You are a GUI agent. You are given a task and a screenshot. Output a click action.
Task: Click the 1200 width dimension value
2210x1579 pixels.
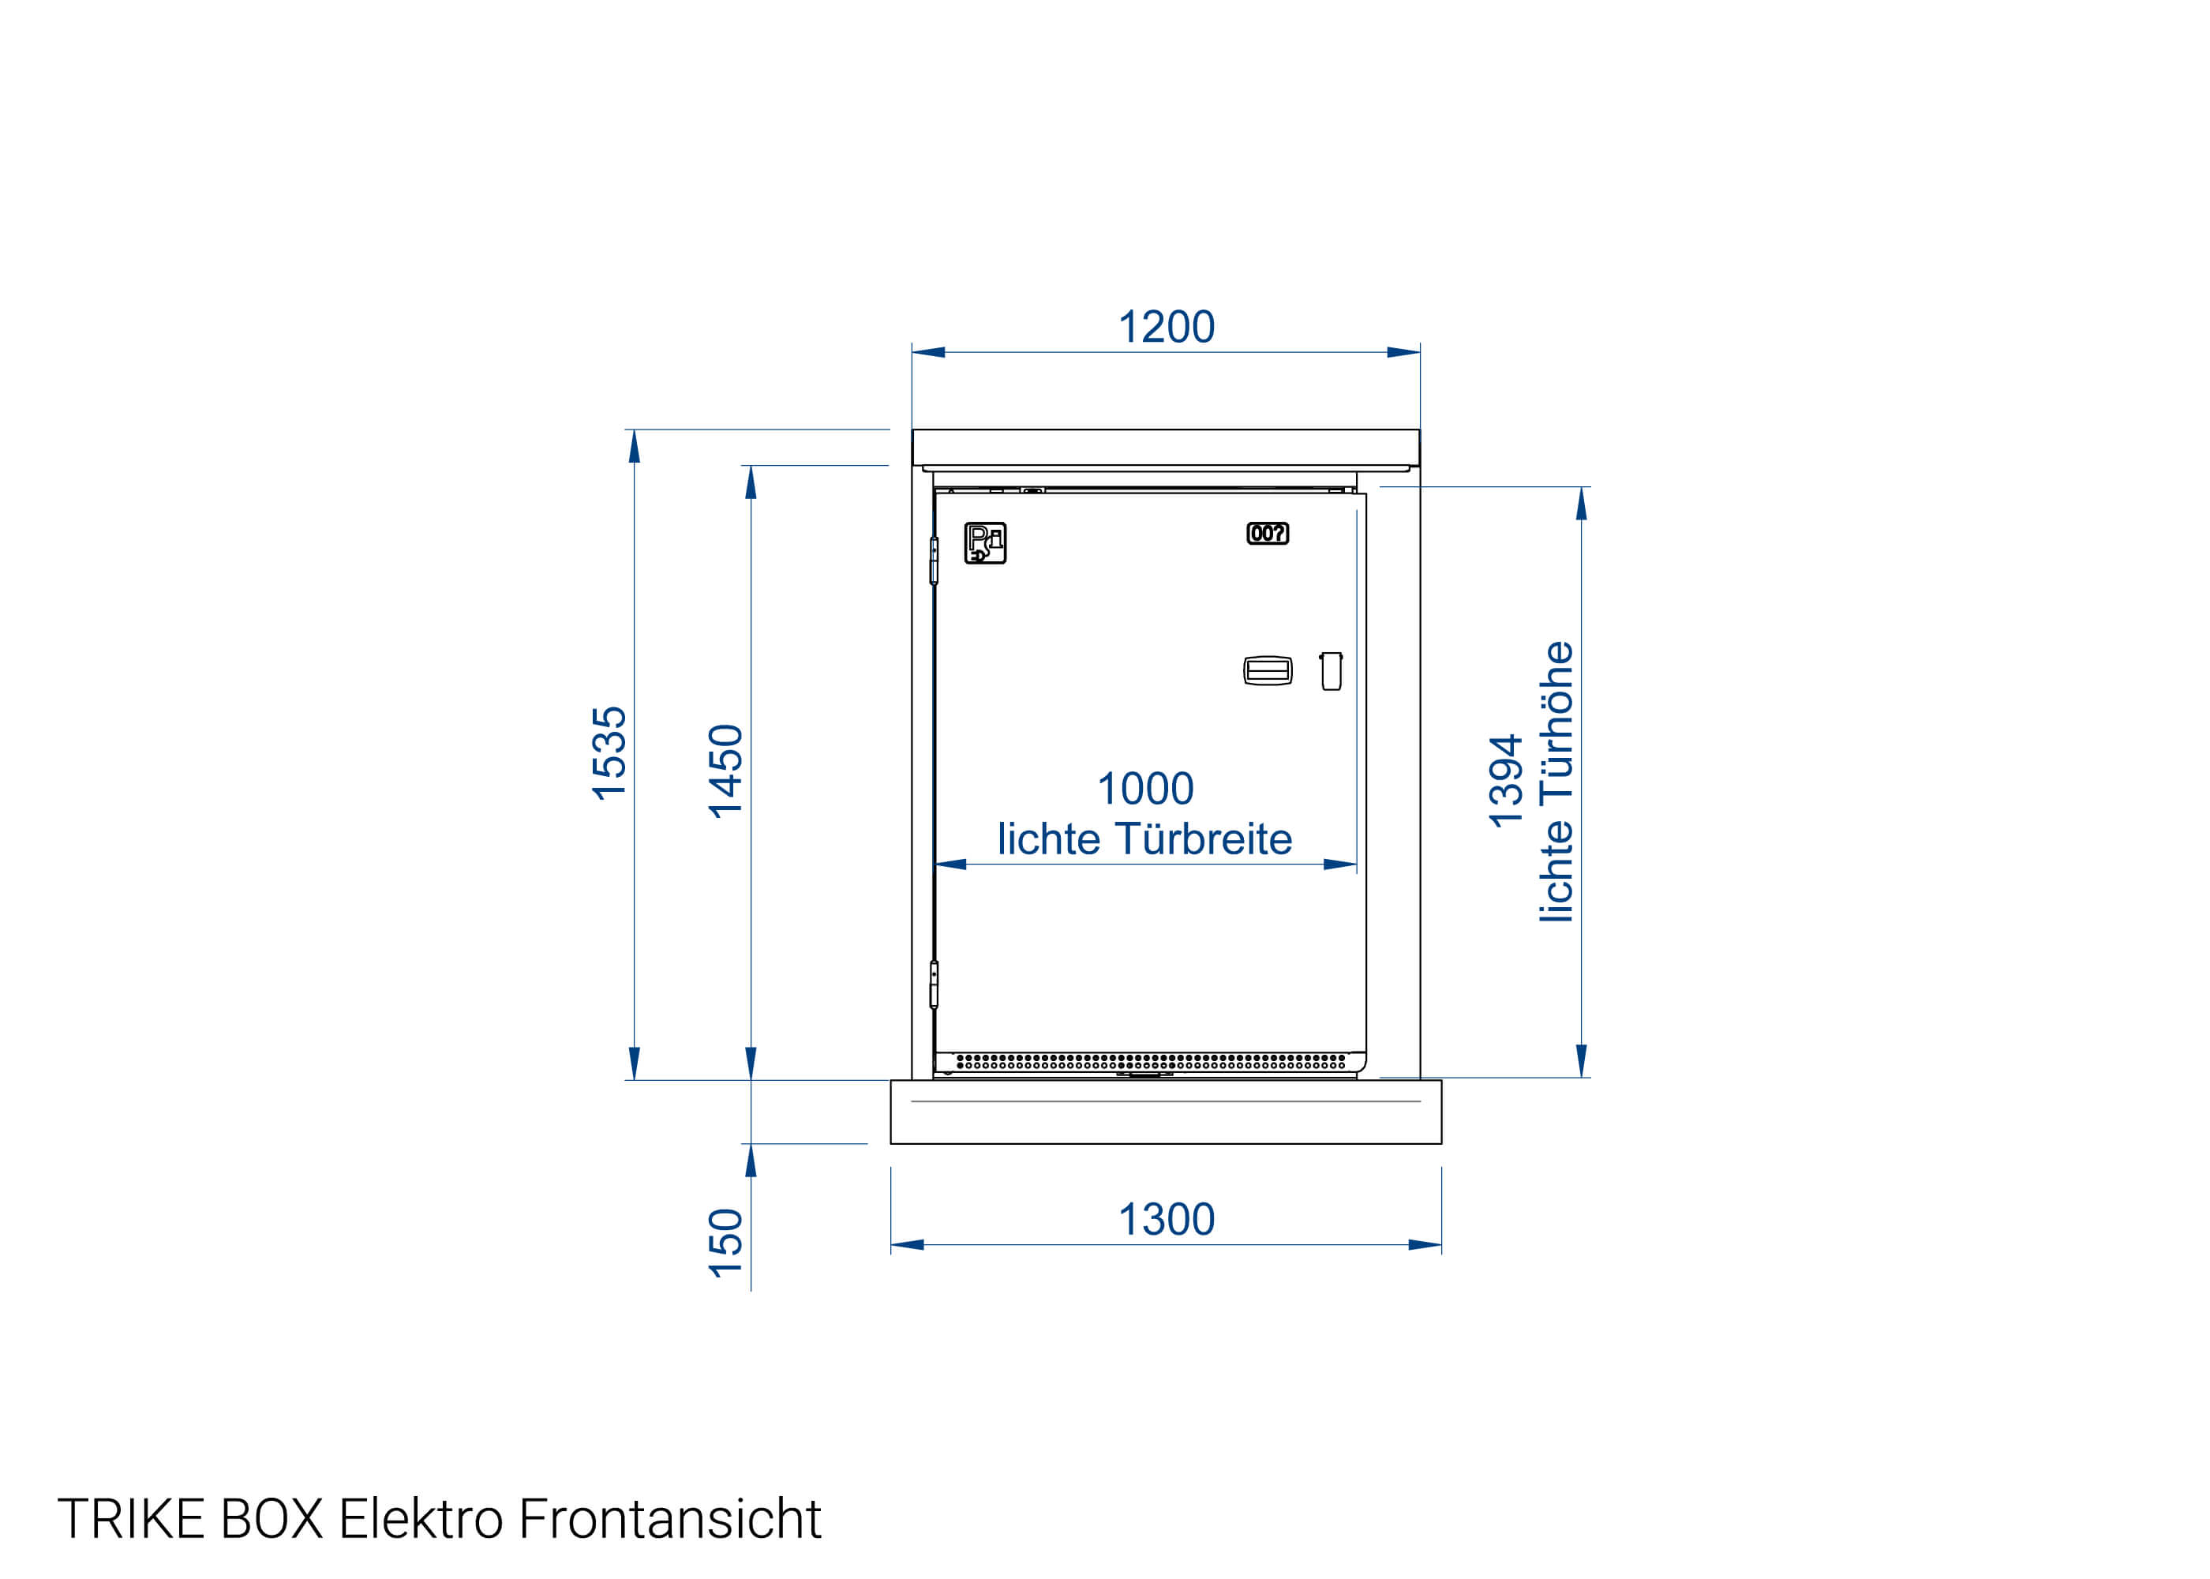click(1167, 328)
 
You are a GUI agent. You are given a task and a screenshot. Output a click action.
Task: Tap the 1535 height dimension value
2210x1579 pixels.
click(609, 753)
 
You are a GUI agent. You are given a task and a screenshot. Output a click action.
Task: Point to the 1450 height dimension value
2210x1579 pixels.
click(725, 771)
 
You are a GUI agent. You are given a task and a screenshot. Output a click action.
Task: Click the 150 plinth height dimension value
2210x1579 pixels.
click(725, 1243)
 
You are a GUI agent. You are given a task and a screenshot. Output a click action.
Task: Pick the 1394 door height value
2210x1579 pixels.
click(1505, 782)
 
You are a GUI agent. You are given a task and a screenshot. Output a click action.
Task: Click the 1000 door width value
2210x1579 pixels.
click(1144, 789)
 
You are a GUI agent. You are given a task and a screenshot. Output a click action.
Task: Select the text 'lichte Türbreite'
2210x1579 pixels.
click(1144, 839)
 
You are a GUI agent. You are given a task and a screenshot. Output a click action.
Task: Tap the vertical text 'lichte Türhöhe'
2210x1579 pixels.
click(1556, 782)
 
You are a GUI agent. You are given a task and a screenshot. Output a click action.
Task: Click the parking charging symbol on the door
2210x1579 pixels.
click(984, 542)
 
